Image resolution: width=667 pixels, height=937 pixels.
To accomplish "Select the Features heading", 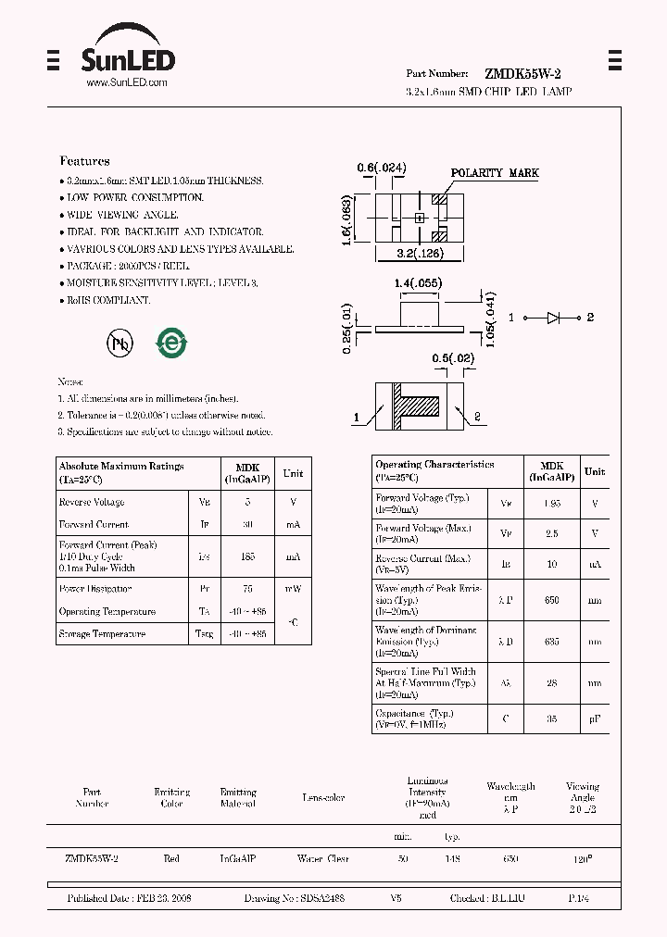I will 84,161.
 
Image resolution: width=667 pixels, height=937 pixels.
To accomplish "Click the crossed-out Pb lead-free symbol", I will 119,343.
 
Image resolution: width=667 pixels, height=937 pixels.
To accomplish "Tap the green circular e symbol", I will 171,343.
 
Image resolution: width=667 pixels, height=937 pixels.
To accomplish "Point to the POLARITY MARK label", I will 494,173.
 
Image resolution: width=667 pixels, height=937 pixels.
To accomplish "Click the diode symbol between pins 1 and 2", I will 553,318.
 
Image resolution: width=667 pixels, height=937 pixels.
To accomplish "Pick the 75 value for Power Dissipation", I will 247,589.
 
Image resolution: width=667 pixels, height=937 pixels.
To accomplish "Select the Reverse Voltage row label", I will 92,502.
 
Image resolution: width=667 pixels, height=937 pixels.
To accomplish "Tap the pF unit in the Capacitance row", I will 594,718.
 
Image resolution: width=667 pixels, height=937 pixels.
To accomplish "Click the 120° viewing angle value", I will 583,859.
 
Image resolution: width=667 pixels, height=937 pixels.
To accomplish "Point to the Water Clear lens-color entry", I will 323,859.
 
